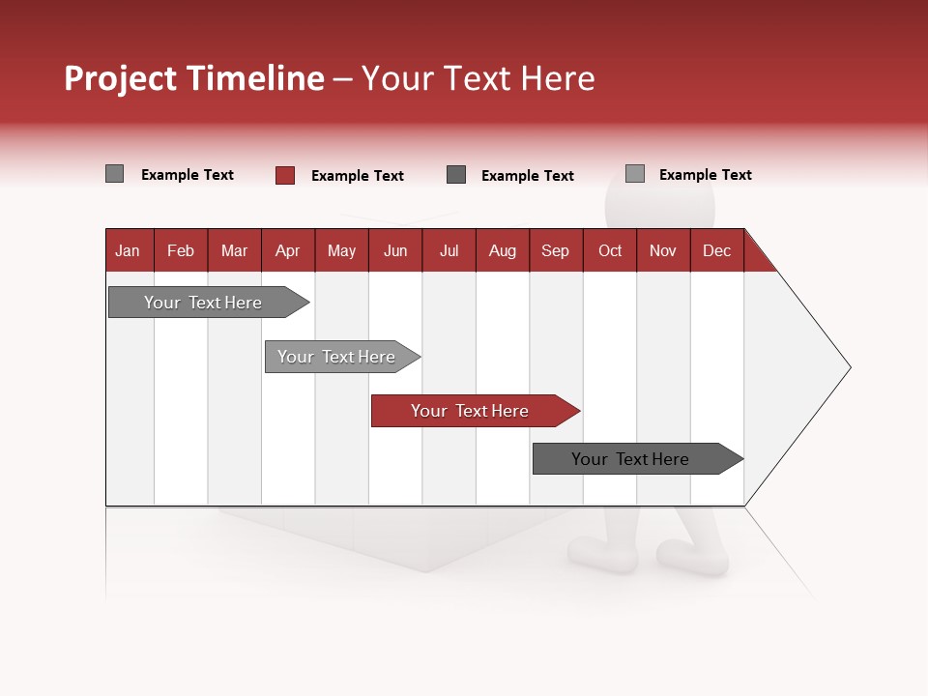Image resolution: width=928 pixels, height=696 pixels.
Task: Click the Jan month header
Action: [129, 250]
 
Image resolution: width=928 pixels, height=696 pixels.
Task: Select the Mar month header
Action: [234, 250]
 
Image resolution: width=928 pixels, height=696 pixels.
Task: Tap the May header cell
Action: [341, 250]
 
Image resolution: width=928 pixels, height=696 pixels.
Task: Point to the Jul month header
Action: [449, 250]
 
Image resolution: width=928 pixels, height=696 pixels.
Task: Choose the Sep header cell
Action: [555, 250]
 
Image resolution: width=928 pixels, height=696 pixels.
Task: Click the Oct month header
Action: [610, 250]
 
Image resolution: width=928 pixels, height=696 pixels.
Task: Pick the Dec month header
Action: [716, 250]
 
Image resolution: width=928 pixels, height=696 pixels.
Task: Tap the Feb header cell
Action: [181, 250]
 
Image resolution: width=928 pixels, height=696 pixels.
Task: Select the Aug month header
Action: [502, 250]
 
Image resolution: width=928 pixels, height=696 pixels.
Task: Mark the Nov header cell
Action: [662, 250]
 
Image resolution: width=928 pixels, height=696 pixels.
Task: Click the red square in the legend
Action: [285, 175]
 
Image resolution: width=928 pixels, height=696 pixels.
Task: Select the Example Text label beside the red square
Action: [357, 176]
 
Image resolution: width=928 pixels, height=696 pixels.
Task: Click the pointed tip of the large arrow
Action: [848, 367]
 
